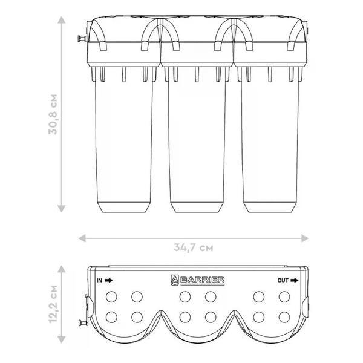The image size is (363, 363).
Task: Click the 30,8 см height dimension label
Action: pyautogui.click(x=53, y=114)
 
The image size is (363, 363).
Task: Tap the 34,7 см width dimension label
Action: pyautogui.click(x=194, y=247)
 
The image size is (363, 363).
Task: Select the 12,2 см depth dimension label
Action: pyautogui.click(x=53, y=304)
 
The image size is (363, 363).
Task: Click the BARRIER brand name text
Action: pyautogui.click(x=202, y=280)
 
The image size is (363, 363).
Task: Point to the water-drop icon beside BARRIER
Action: pyautogui.click(x=175, y=280)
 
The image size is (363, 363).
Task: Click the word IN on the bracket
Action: pyautogui.click(x=99, y=280)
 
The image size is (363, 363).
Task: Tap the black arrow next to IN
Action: pyautogui.click(x=109, y=280)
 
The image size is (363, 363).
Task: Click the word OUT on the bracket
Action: pyautogui.click(x=283, y=280)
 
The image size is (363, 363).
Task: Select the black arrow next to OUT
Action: pyautogui.click(x=295, y=280)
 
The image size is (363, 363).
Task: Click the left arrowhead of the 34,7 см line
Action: pyautogui.click(x=82, y=238)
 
